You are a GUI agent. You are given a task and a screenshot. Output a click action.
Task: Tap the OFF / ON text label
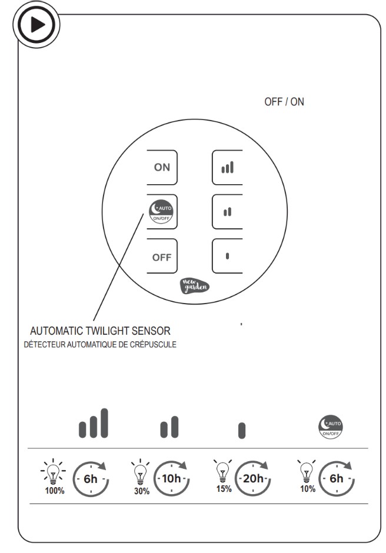[x=284, y=102]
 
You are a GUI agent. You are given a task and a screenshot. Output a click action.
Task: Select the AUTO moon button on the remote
[x=162, y=211]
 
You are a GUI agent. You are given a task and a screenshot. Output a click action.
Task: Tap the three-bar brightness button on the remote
[x=227, y=168]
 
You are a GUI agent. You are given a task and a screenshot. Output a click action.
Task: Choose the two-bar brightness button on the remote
[x=227, y=211]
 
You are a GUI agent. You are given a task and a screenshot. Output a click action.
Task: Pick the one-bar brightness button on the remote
[x=227, y=256]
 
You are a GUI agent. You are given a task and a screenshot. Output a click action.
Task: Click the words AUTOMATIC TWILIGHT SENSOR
[x=104, y=331]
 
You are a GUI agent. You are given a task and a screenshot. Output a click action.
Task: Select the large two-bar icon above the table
[x=169, y=427]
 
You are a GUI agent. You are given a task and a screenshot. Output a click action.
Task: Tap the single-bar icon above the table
[x=242, y=431]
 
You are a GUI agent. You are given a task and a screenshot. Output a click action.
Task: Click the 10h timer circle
[x=172, y=478]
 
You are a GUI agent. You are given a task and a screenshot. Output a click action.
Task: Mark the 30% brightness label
[x=141, y=491]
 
